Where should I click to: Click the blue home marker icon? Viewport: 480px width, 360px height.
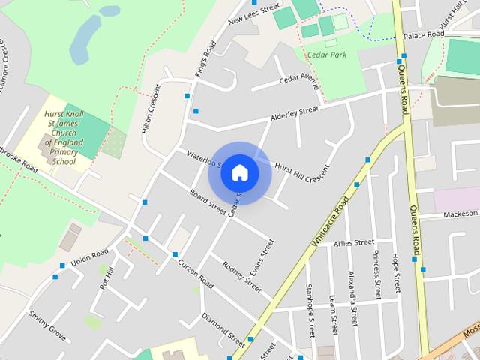click(239, 172)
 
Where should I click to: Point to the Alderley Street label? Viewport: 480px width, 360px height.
click(295, 114)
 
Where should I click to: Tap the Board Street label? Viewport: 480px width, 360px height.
click(208, 200)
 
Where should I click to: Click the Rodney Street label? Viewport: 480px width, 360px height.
click(242, 277)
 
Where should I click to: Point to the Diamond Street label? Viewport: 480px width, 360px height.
click(223, 325)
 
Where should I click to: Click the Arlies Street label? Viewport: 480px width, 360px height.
click(354, 242)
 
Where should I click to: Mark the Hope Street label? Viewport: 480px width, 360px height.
click(395, 272)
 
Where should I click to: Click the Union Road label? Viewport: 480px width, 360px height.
click(89, 257)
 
